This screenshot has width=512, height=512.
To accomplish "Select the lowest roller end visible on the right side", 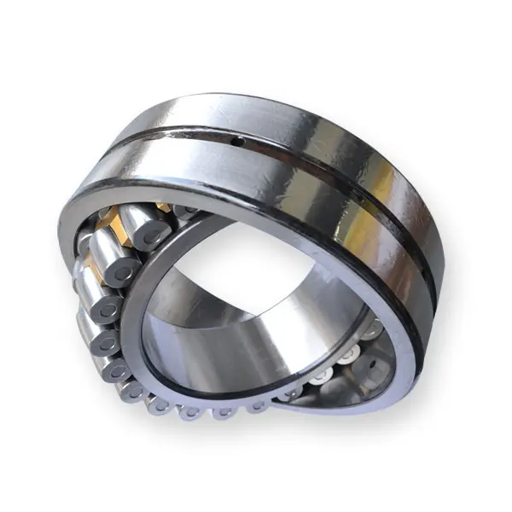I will point(294,393).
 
